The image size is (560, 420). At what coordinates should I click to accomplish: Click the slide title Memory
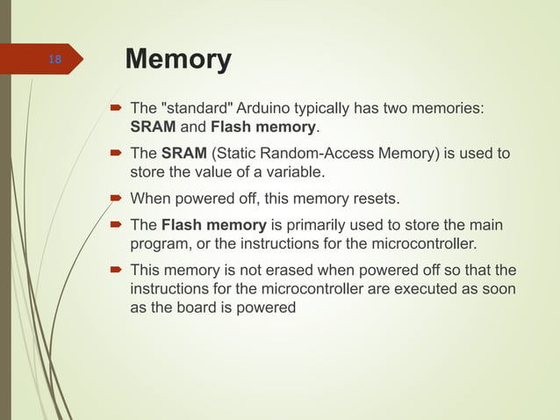(x=178, y=60)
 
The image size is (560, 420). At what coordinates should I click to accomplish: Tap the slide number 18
(x=54, y=60)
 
